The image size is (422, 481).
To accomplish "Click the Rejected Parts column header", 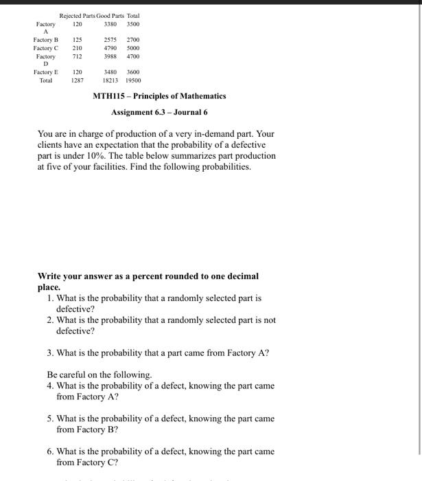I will tap(77, 15).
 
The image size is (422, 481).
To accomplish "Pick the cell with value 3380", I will tap(110, 23).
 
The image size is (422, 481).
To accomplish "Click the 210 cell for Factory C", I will tap(78, 49).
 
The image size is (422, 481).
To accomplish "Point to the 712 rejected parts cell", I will tap(78, 57).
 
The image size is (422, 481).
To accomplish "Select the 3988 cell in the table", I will tap(110, 57).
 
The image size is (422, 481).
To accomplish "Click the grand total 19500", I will tap(133, 80).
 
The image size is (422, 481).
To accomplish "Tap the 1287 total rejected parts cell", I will tap(78, 80).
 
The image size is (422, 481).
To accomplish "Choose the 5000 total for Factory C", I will tap(133, 49).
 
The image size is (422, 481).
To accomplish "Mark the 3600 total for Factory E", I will tap(133, 72).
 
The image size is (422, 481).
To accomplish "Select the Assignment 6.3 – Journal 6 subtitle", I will tap(159, 112).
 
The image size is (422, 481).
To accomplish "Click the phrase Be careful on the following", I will tap(99, 375).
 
